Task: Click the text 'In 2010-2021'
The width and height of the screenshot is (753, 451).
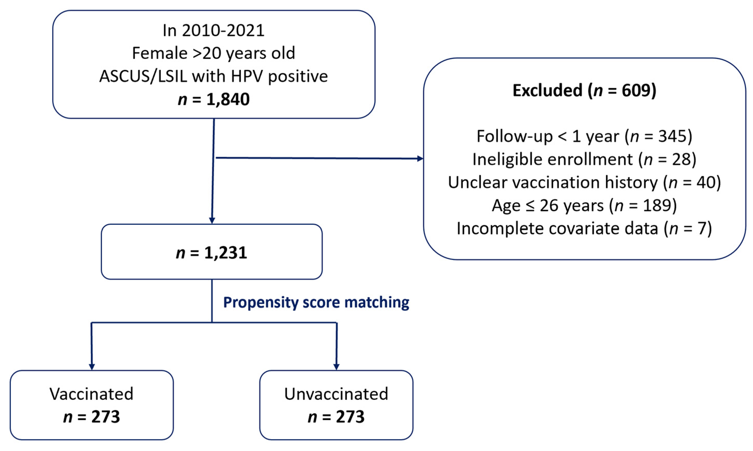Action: (214, 31)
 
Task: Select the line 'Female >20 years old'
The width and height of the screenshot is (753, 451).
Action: (214, 54)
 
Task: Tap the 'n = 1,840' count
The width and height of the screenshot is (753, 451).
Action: (214, 99)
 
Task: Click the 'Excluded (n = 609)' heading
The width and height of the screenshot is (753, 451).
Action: (584, 91)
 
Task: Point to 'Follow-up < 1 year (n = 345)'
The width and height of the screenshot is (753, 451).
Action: (584, 136)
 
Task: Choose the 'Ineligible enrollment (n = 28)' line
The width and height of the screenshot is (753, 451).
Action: (584, 159)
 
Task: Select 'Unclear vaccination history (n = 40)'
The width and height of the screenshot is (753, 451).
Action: (584, 182)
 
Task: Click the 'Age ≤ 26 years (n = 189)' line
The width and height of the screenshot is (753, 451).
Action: (584, 205)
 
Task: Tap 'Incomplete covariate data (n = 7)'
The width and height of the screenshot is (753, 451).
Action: (584, 229)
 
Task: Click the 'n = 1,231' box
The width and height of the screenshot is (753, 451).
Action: (212, 252)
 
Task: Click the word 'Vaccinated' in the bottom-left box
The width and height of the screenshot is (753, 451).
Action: (92, 394)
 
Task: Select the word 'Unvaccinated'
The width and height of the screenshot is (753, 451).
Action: (336, 394)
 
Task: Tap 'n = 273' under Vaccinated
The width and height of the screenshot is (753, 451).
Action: (92, 417)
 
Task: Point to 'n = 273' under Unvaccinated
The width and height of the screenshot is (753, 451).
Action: (336, 417)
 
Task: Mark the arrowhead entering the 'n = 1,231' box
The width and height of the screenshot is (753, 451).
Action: (212, 221)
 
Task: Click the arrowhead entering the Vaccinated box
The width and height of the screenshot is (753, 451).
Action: (92, 367)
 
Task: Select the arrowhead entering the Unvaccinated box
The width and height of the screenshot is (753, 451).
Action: (336, 367)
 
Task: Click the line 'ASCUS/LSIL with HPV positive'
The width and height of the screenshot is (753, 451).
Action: (214, 76)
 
